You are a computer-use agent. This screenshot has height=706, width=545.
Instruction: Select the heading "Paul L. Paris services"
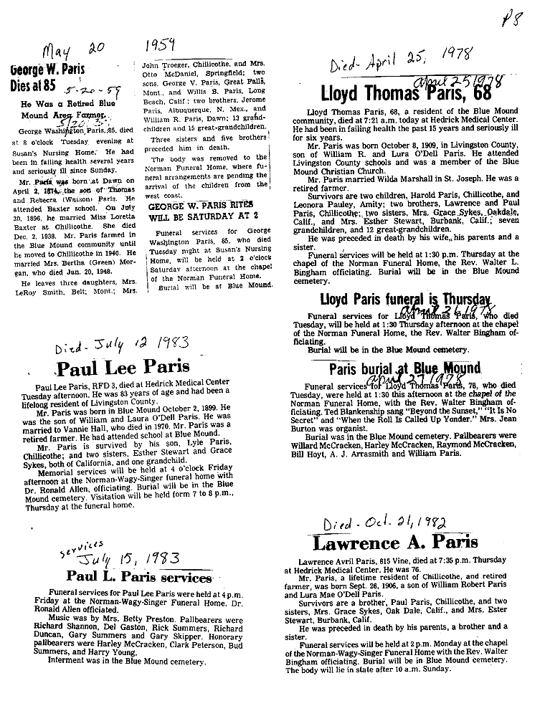tap(139, 577)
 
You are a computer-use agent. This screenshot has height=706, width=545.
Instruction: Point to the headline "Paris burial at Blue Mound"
tap(404, 370)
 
